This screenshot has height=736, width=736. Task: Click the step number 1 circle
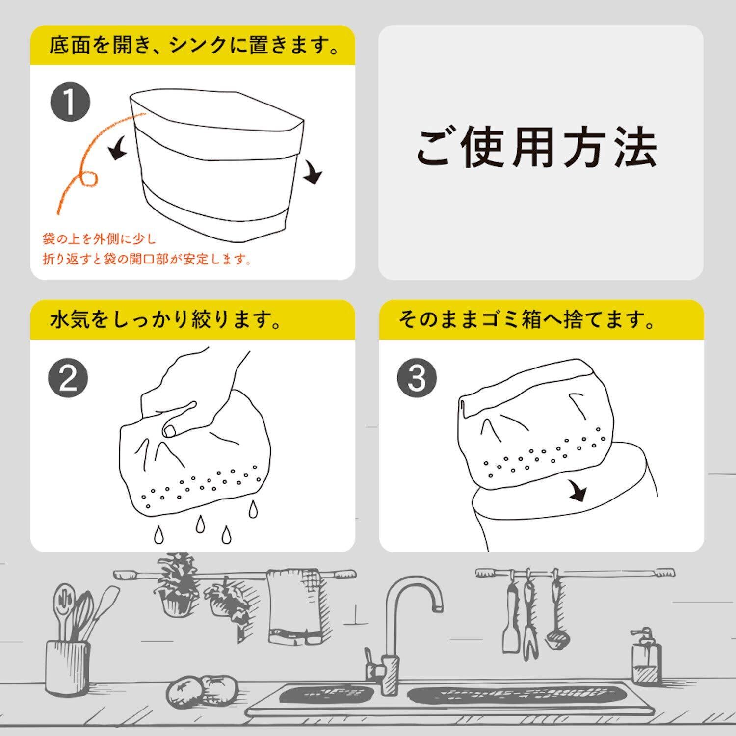pos(70,102)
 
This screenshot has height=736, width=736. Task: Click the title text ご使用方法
pos(536,147)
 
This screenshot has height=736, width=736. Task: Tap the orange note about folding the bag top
pos(148,249)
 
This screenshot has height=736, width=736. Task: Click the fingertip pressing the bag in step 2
pos(169,431)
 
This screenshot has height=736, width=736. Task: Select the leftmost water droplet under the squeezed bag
pos(158,534)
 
